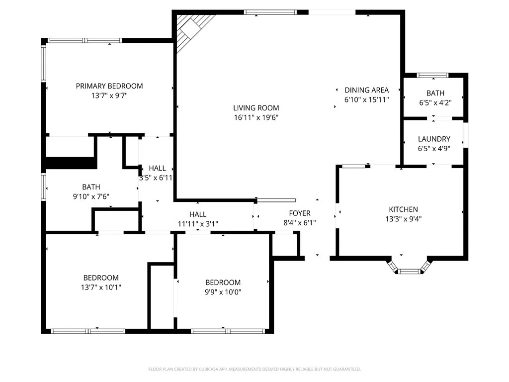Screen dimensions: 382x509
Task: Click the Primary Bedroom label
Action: tap(109, 86)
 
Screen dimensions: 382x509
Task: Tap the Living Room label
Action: tap(256, 108)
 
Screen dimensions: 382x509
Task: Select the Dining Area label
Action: tap(367, 90)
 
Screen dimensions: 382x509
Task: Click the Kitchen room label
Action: tap(403, 209)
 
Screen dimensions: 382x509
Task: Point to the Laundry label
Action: tap(434, 139)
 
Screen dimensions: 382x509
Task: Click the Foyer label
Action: tap(300, 213)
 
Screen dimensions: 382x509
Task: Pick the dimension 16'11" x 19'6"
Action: tap(256, 118)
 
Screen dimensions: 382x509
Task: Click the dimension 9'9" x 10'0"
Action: tap(224, 292)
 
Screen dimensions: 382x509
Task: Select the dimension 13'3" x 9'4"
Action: tap(403, 219)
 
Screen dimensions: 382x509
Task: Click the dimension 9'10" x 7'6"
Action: tap(91, 196)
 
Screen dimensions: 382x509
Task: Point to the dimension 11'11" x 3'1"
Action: tap(198, 223)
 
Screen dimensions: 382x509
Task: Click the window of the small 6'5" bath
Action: tap(432, 76)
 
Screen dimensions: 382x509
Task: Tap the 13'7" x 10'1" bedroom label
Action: tap(101, 278)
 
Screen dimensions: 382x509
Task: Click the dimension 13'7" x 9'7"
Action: tap(109, 95)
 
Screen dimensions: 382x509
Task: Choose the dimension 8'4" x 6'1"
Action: tap(300, 223)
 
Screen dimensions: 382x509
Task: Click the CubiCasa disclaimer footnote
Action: tap(254, 369)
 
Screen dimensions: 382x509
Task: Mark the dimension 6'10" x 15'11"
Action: tap(367, 99)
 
